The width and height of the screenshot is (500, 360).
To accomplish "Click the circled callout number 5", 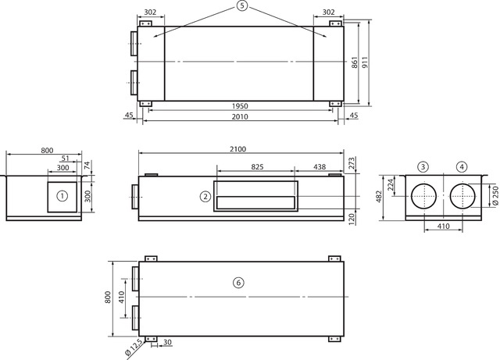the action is (x=242, y=5).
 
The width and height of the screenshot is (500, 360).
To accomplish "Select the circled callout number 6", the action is (x=238, y=283).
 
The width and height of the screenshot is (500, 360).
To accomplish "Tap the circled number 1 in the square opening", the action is (x=62, y=196).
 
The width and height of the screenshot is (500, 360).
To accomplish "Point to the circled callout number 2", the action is (x=205, y=197).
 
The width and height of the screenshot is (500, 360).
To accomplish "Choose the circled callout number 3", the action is (x=423, y=166).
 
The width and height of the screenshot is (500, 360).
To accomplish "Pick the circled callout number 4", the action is (x=462, y=166).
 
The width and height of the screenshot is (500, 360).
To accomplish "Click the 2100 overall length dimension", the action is (x=237, y=149).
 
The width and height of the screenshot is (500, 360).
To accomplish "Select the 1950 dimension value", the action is (x=240, y=106).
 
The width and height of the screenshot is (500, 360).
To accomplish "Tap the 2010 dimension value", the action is (x=240, y=116).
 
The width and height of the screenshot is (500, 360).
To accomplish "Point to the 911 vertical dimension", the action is (x=365, y=62).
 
